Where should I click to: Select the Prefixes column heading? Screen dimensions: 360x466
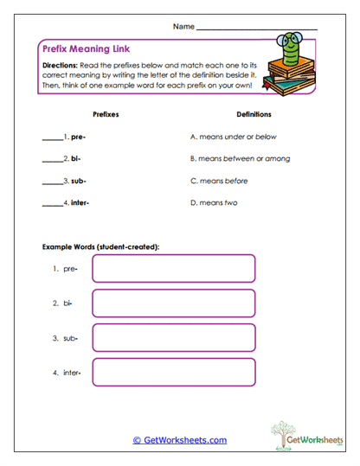106,113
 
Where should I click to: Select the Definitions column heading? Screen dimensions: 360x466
254,113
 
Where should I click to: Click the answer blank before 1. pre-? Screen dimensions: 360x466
52,137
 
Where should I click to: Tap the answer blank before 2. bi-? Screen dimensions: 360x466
52,160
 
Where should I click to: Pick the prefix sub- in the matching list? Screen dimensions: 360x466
79,182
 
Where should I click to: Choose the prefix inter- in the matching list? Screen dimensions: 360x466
80,204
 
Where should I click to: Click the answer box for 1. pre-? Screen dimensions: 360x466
173,269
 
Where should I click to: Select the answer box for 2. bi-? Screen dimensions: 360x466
173,303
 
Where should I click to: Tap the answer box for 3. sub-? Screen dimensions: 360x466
173,338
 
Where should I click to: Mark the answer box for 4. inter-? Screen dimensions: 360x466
173,373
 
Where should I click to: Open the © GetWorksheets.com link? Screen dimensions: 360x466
180,440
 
